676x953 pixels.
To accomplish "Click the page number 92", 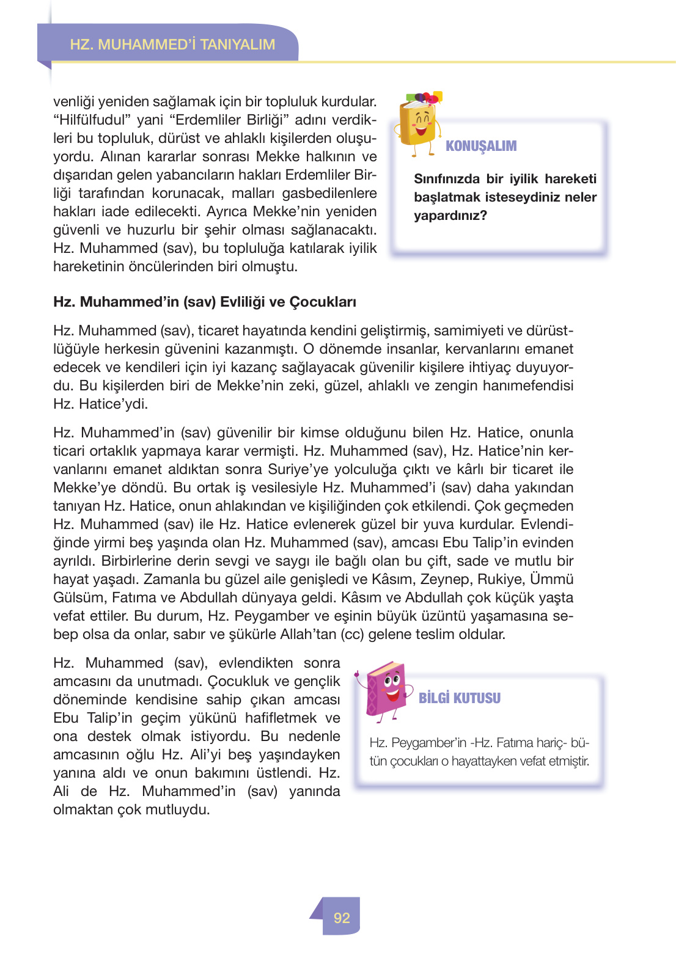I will [342, 918].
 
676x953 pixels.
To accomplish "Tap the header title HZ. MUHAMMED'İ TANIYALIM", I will [172, 45].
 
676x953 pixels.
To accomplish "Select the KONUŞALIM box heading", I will [481, 146].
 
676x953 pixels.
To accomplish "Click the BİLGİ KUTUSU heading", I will [459, 698].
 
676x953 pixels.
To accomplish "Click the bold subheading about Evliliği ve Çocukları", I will [205, 302].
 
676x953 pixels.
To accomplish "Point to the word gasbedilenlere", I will [329, 193].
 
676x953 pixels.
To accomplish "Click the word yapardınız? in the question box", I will [450, 216].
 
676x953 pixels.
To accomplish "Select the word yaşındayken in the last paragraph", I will [300, 754].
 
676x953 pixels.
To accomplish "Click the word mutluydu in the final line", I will [182, 809].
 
